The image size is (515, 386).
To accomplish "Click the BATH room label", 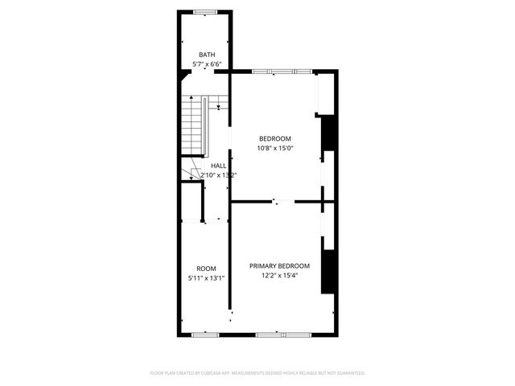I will click(207, 55).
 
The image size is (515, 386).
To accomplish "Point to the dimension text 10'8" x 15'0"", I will click(274, 148).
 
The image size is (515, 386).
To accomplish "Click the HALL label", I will click(218, 166).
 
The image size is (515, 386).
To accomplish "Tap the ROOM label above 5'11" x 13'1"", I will click(207, 269).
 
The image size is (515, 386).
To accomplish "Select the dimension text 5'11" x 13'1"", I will click(207, 277).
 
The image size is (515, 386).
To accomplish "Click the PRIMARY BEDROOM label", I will click(279, 266).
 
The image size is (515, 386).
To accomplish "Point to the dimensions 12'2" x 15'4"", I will click(279, 275).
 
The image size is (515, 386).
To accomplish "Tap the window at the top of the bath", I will click(204, 10).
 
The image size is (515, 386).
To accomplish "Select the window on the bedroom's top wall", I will click(281, 72).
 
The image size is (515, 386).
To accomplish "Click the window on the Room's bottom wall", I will click(204, 332).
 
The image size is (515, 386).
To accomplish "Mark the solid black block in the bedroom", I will click(328, 134).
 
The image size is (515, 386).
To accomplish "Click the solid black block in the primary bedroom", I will click(328, 272).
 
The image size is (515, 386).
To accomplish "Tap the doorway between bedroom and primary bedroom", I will click(278, 201).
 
